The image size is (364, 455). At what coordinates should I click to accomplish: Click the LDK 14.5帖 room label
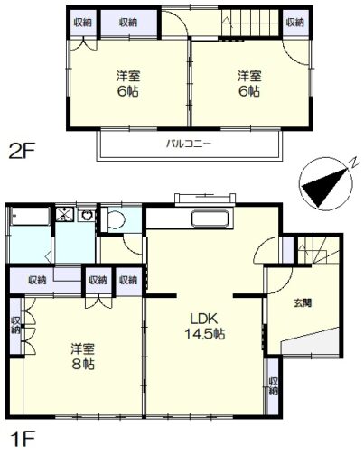tap(205, 326)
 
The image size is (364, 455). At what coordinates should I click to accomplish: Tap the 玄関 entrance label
tap(303, 303)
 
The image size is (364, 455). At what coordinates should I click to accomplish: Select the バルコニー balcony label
tap(189, 144)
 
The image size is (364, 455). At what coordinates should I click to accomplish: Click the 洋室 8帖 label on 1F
tap(83, 357)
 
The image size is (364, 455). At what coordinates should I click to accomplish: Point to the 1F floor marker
tap(23, 439)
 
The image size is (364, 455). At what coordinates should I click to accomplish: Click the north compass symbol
tap(326, 183)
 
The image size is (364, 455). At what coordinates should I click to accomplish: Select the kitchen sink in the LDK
tap(212, 218)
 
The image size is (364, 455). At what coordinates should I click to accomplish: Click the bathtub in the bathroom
tap(30, 217)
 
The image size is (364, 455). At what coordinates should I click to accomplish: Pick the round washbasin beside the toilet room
tap(88, 215)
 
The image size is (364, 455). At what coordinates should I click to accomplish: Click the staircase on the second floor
tap(251, 23)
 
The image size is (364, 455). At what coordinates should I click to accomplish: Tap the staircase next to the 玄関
tap(320, 250)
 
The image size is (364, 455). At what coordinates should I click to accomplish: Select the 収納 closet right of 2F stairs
tap(295, 23)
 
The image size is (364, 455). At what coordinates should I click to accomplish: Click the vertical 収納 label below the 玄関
tap(274, 385)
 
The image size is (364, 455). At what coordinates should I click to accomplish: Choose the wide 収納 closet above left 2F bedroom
tap(128, 23)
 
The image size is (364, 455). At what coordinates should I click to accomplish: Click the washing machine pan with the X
tap(65, 215)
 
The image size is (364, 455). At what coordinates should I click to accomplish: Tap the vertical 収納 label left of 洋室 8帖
tap(15, 325)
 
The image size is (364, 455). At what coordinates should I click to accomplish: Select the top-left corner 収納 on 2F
tap(83, 23)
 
